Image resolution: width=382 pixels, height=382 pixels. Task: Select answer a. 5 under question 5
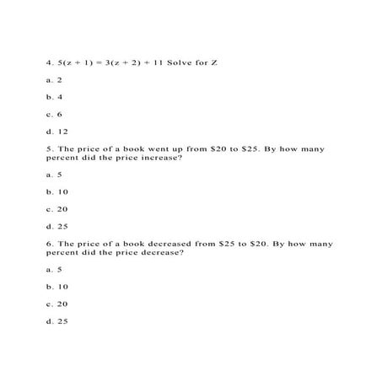pyautogui.click(x=55, y=175)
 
